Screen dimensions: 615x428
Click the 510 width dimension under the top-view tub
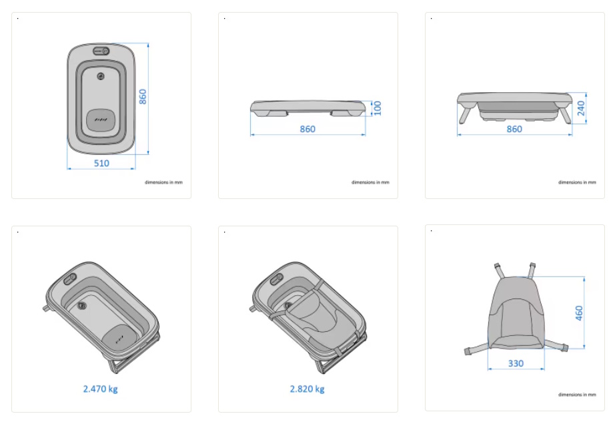(x=101, y=164)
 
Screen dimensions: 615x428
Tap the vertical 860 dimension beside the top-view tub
(x=143, y=97)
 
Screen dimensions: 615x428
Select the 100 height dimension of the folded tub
(x=378, y=108)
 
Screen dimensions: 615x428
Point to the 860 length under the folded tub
(x=307, y=129)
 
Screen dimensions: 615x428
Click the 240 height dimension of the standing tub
(x=581, y=108)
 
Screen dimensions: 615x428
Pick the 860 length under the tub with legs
(x=514, y=129)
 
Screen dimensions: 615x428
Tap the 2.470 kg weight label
(x=101, y=389)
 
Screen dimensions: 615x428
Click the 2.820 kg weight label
(x=307, y=389)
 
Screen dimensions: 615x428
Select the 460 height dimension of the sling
(x=579, y=313)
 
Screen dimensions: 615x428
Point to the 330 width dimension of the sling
(x=516, y=364)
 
